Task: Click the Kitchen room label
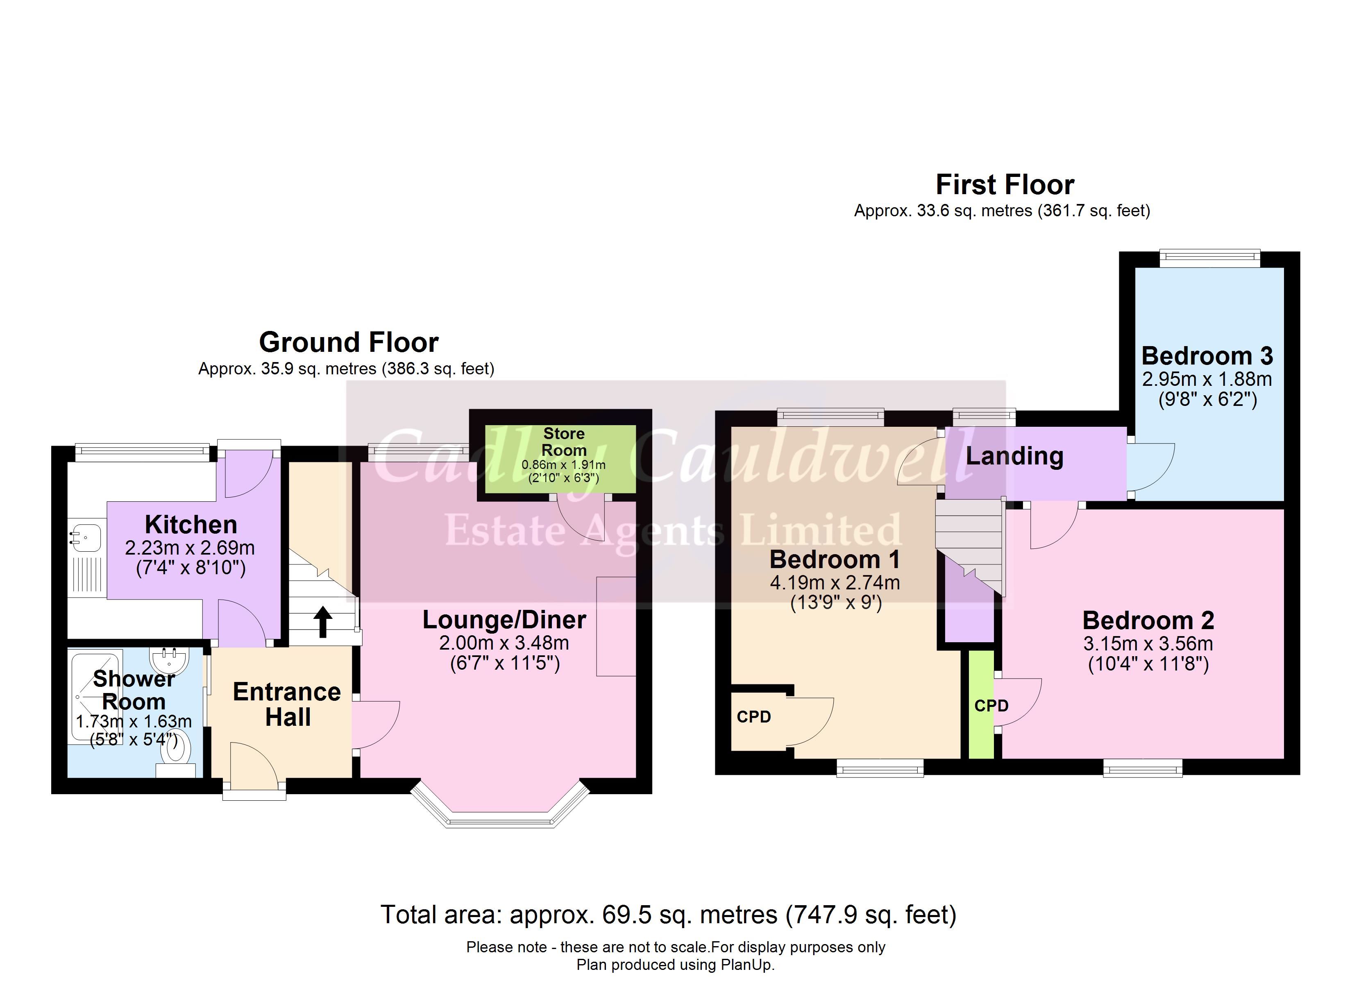coord(191,525)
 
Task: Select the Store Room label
coord(564,442)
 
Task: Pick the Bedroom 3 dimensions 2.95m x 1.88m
coord(1207,379)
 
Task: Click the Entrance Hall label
coord(287,704)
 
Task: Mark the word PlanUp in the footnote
coord(746,965)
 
